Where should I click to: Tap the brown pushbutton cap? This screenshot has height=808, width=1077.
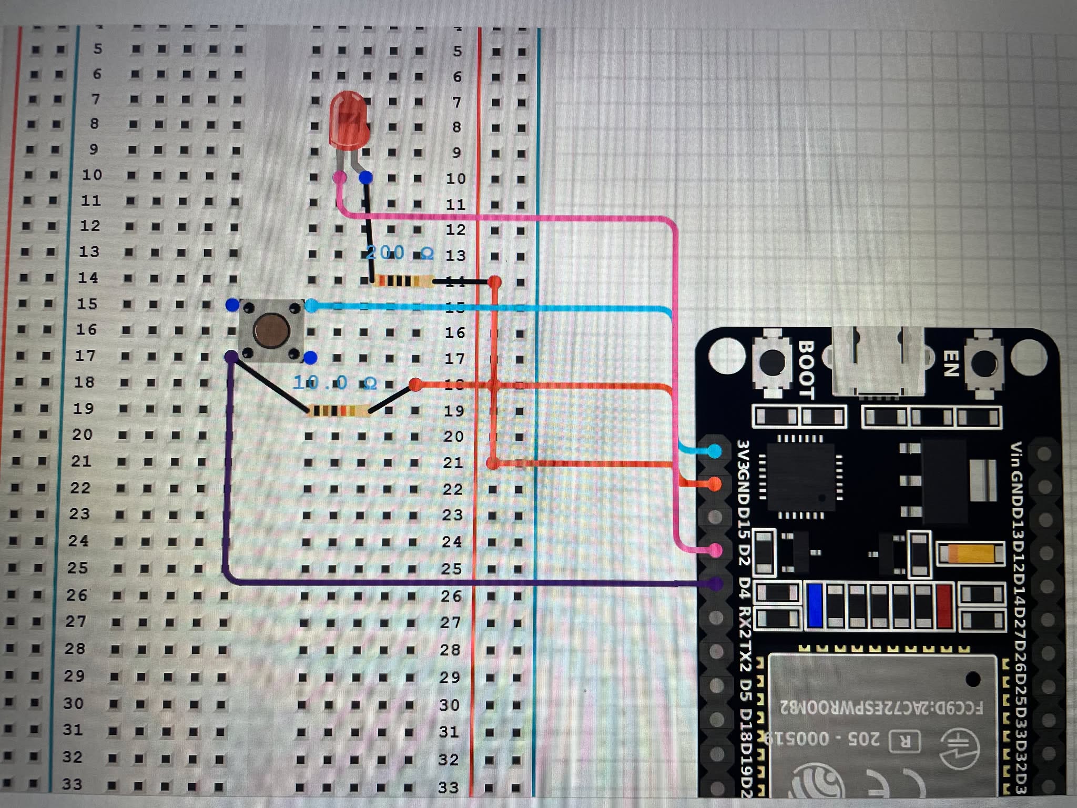pyautogui.click(x=271, y=330)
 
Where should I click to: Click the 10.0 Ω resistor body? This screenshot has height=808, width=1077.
pyautogui.click(x=338, y=410)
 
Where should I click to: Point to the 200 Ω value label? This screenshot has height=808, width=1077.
pyautogui.click(x=400, y=253)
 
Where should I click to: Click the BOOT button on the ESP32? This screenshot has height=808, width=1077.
pyautogui.click(x=772, y=362)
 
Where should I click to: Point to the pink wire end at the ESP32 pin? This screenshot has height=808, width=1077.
pyautogui.click(x=714, y=550)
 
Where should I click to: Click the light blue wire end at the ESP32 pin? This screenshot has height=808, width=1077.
pyautogui.click(x=714, y=451)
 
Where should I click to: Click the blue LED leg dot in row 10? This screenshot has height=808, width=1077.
pyautogui.click(x=366, y=178)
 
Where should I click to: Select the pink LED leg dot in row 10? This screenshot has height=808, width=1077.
pyautogui.click(x=340, y=177)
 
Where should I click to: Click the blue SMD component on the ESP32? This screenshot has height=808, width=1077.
pyautogui.click(x=815, y=605)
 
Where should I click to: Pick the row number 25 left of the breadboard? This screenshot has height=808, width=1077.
pyautogui.click(x=77, y=568)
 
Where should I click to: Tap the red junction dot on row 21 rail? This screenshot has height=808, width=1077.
pyautogui.click(x=493, y=463)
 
